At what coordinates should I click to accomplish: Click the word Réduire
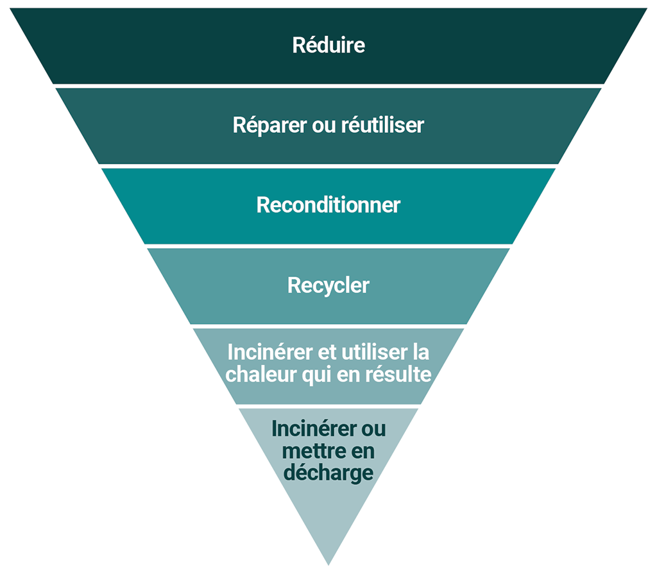328,46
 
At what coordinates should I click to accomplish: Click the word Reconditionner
328,205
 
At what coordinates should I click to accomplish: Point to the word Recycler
328,285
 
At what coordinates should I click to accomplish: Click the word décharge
328,473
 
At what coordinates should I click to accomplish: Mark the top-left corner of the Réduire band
11,9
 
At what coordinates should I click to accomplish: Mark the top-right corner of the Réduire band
646,9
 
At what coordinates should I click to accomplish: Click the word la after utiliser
420,353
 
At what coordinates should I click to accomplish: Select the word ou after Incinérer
371,428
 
